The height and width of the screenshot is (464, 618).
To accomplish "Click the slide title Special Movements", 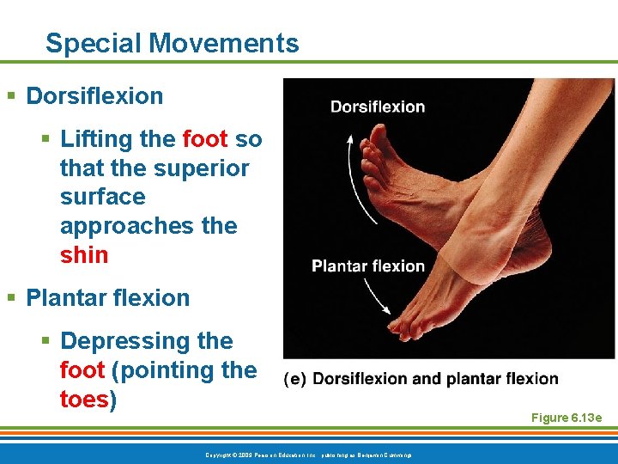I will (x=172, y=43).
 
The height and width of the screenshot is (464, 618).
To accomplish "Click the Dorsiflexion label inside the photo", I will (x=378, y=107).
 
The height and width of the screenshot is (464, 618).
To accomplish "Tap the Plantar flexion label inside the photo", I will (x=368, y=266).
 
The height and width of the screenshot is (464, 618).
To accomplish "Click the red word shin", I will (x=84, y=255).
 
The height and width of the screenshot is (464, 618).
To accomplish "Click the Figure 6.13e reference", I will (x=566, y=418).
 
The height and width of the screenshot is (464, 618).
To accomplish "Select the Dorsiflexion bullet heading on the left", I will (x=94, y=95).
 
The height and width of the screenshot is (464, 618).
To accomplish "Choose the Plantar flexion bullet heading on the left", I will (x=108, y=298).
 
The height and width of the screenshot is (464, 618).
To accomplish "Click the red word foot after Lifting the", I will (x=205, y=139).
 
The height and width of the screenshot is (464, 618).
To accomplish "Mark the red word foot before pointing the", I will (x=82, y=370).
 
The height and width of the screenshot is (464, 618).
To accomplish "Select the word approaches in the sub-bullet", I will (x=119, y=226).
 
